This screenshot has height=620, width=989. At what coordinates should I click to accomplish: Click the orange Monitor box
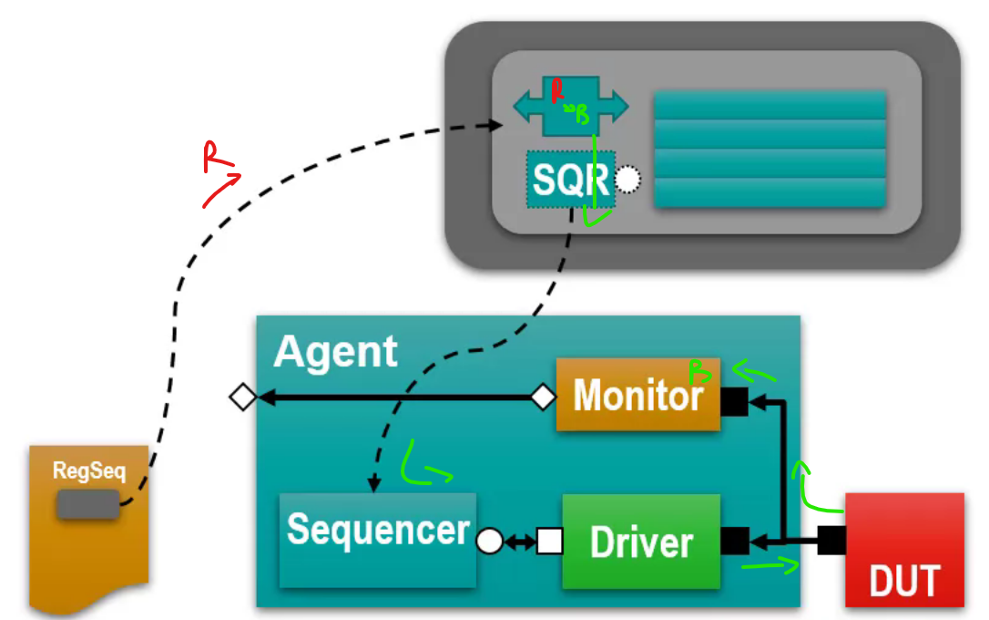coord(637,395)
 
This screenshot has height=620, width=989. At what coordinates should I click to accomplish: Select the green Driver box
coord(641,542)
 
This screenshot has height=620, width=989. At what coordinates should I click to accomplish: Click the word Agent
coord(335,352)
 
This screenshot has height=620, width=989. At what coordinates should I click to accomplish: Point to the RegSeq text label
coord(88,471)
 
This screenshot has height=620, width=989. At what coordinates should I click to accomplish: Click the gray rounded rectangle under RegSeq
coord(87,504)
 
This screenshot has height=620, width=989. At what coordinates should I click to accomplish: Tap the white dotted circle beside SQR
coord(628,180)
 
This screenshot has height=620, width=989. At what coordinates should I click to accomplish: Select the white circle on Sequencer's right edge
coord(490,542)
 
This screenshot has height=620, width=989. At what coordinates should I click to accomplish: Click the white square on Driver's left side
coord(549,542)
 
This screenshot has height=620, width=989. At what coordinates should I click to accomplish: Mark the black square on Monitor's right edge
coord(735,401)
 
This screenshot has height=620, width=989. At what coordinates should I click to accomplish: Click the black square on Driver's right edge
coord(735,542)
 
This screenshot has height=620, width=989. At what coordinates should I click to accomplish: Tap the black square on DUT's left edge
coord(831,542)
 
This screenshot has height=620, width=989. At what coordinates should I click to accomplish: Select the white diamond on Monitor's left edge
coord(543,398)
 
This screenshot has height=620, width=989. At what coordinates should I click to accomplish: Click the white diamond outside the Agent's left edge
coord(242,398)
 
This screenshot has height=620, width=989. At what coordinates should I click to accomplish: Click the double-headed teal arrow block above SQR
coord(571,106)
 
